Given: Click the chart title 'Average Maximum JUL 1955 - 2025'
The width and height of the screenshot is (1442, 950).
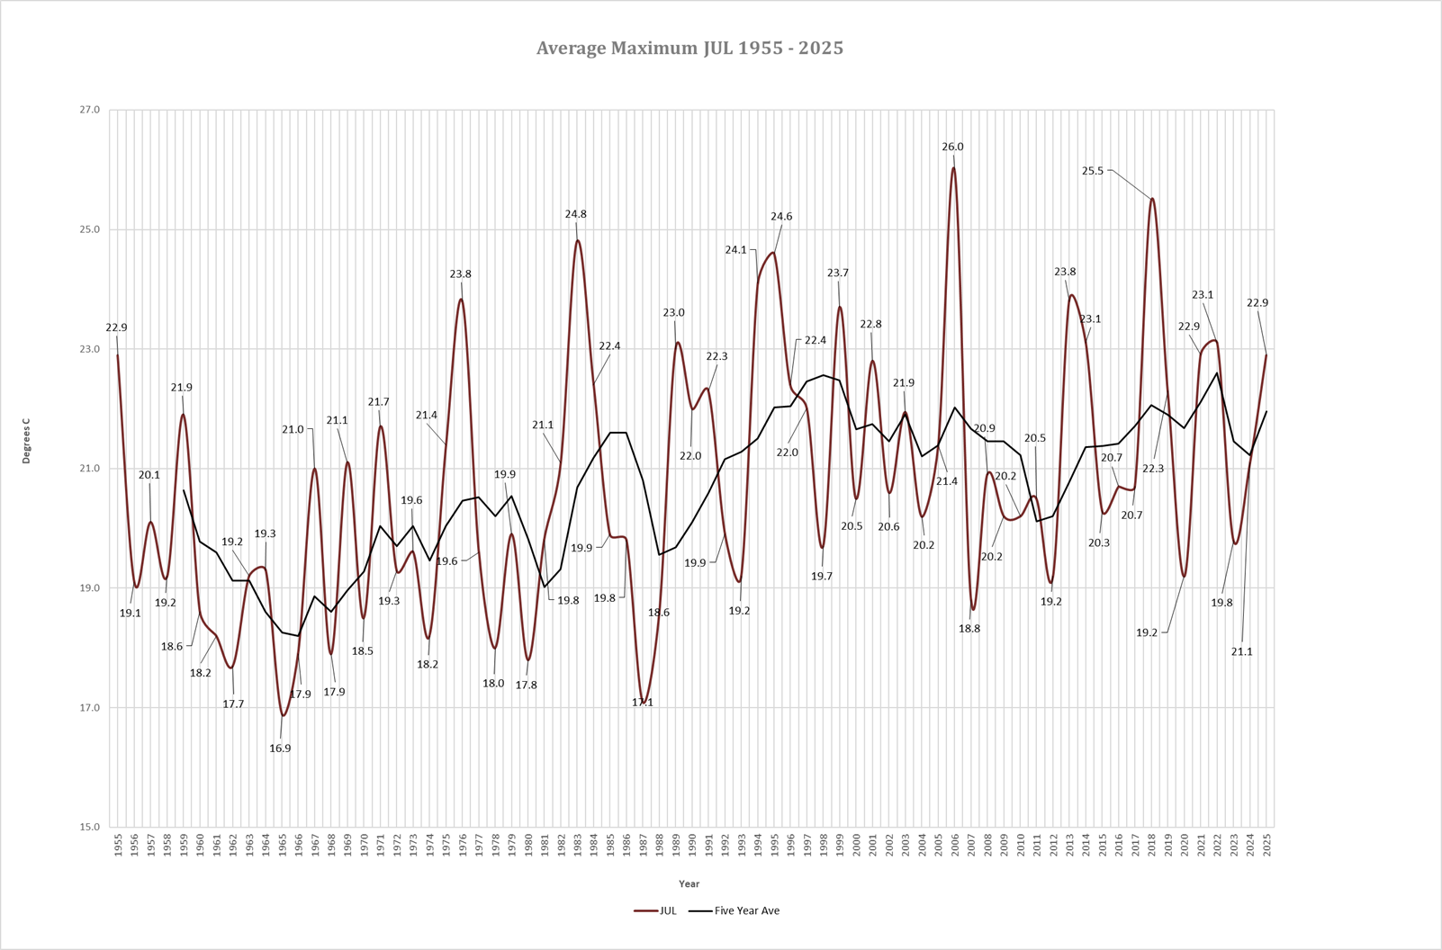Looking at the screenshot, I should [x=689, y=49].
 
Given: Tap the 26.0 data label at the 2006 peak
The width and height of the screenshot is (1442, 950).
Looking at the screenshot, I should [x=952, y=147].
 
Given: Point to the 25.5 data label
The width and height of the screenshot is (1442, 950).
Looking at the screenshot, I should [x=1092, y=171].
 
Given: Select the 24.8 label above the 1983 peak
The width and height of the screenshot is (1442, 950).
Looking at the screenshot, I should [x=575, y=214].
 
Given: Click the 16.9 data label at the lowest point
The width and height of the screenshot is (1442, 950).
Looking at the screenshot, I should [x=280, y=748].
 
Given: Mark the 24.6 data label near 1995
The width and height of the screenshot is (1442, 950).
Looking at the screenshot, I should [x=781, y=217].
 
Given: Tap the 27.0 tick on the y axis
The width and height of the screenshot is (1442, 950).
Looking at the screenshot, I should [x=90, y=111].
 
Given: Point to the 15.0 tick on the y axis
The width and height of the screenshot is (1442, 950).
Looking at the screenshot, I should [x=90, y=828].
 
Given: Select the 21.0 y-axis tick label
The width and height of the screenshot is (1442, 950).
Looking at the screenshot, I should [x=90, y=469].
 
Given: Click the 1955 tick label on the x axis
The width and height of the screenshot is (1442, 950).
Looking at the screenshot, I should [x=118, y=846].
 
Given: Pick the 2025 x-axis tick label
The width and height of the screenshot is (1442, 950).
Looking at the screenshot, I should [x=1266, y=846].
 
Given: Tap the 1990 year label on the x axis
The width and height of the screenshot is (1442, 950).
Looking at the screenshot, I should [x=692, y=846].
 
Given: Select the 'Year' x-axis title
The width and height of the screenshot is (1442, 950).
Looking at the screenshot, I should [x=689, y=883].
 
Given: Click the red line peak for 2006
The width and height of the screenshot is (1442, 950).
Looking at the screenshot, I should [x=953, y=168].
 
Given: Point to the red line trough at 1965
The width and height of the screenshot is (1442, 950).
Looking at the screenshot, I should [x=283, y=715].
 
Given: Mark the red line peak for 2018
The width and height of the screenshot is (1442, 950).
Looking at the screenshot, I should [x=1151, y=199].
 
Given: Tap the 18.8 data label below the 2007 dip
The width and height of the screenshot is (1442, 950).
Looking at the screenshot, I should [x=969, y=629].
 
